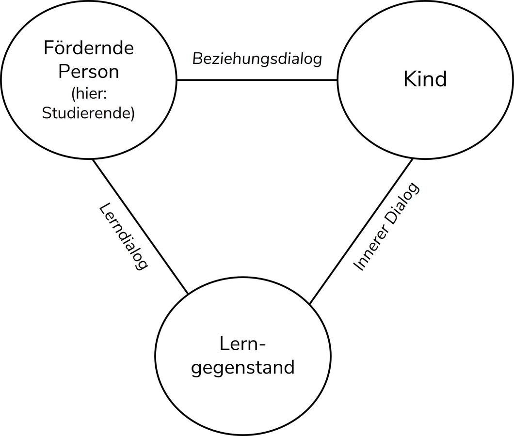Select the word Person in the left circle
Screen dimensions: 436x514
(88, 72)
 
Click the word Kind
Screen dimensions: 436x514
(425, 79)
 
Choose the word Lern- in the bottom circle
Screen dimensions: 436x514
(243, 344)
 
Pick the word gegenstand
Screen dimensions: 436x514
(243, 367)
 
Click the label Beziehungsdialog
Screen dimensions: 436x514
(257, 59)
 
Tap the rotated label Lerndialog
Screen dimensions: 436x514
(123, 236)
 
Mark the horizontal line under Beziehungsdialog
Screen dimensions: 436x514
(257, 80)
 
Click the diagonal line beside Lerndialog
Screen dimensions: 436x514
(141, 227)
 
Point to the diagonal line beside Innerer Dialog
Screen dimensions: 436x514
(361, 231)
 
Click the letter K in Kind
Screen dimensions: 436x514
(409, 79)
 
